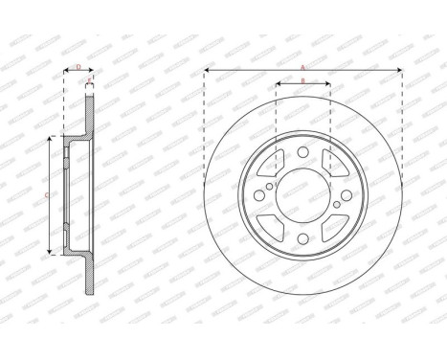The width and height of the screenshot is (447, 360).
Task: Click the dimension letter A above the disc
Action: click(x=302, y=67)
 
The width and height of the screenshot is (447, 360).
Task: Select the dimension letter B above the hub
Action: click(x=302, y=80)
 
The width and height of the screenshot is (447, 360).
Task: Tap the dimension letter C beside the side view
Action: click(x=48, y=194)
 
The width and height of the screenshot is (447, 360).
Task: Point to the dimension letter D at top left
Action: click(x=78, y=67)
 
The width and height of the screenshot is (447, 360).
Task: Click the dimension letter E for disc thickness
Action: click(x=90, y=80)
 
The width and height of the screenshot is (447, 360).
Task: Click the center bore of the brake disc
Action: click(x=302, y=194)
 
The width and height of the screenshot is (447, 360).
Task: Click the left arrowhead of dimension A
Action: click(x=207, y=71)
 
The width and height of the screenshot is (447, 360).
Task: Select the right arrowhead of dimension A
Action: click(x=397, y=71)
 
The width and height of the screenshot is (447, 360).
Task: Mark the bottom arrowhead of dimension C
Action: click(x=51, y=251)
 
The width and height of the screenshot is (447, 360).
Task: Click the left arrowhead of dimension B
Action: click(x=278, y=84)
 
